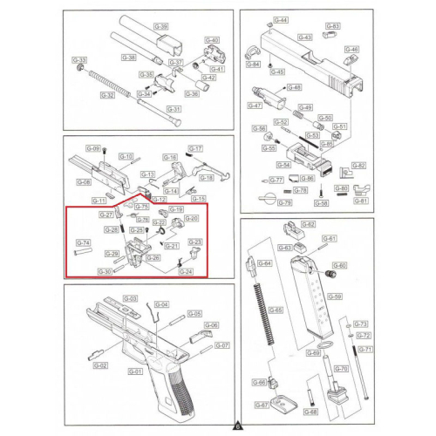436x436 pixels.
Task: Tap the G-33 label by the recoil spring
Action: pyautogui.click(x=78, y=60)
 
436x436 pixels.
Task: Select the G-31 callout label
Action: pyautogui.click(x=174, y=109)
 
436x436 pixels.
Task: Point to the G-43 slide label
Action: pyautogui.click(x=304, y=37)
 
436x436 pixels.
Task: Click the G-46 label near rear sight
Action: pyautogui.click(x=351, y=49)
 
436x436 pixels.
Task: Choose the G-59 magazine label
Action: pyautogui.click(x=334, y=296)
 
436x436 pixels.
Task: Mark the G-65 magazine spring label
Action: pyautogui.click(x=276, y=310)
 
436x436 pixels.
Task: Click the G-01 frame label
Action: pyautogui.click(x=134, y=372)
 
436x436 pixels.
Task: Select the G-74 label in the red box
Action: pyautogui.click(x=84, y=242)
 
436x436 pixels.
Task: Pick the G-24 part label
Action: pyautogui.click(x=186, y=271)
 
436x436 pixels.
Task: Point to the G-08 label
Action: pyautogui.click(x=84, y=182)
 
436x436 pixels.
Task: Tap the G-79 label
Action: pyautogui.click(x=284, y=203)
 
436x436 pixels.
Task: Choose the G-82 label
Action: pyautogui.click(x=358, y=166)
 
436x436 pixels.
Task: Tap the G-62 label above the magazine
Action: pyautogui.click(x=308, y=224)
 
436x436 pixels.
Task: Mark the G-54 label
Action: pyautogui.click(x=283, y=165)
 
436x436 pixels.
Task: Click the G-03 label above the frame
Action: pyautogui.click(x=130, y=299)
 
